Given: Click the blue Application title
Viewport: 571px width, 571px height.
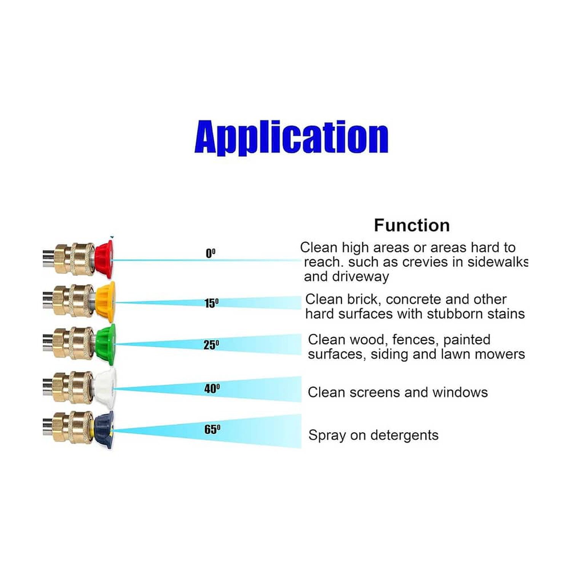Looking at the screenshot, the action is [291, 138].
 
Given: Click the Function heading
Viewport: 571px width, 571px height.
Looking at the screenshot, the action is [412, 225].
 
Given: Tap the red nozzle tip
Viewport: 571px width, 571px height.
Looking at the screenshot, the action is [104, 259].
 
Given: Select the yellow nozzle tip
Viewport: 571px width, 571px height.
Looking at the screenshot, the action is [105, 301].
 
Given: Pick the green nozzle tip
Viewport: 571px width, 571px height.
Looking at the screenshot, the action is [106, 344].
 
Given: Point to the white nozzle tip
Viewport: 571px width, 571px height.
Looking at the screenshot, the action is [105, 388].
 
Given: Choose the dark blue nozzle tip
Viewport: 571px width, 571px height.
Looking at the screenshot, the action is [104, 429].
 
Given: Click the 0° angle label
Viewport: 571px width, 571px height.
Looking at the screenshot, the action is [211, 253].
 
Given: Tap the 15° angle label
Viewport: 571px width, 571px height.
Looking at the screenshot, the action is [212, 303].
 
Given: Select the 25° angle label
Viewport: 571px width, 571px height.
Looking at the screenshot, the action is [211, 345].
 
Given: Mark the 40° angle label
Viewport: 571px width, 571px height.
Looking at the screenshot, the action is [212, 389].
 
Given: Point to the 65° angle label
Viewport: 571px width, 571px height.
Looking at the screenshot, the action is [212, 429].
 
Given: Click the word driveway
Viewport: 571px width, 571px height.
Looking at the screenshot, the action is [361, 277].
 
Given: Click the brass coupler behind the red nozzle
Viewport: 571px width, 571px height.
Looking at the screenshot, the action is [74, 259].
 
